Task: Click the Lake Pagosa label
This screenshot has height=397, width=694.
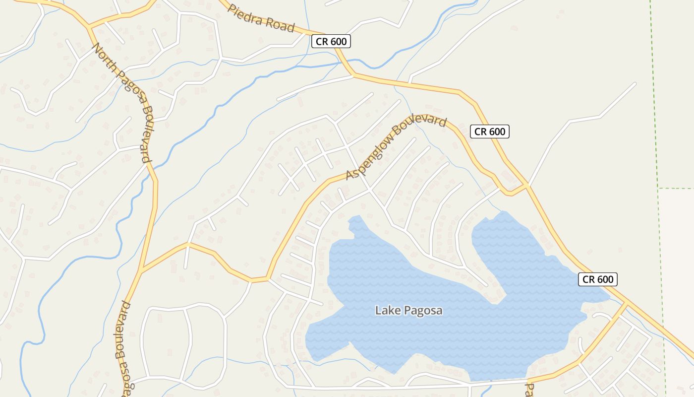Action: click(x=408, y=311)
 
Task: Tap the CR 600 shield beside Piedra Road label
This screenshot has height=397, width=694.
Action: click(x=331, y=42)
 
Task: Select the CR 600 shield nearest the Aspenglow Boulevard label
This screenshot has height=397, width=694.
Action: click(x=490, y=132)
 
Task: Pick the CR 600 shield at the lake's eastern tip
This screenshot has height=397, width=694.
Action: click(x=598, y=279)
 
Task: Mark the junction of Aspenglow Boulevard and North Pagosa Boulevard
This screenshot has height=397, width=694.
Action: click(x=141, y=271)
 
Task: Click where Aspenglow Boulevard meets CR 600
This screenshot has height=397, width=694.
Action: click(x=527, y=186)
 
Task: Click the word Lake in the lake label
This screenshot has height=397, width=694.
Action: click(x=386, y=311)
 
